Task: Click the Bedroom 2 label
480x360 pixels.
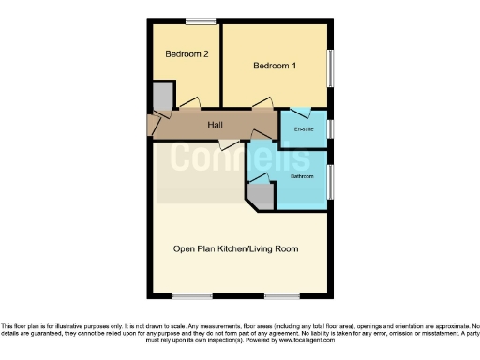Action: [x=186, y=54]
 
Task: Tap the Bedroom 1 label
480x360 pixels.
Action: [x=274, y=66]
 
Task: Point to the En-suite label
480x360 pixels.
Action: [x=304, y=128]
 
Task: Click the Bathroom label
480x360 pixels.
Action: [x=301, y=175]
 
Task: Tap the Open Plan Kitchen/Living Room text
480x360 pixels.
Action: [x=235, y=248]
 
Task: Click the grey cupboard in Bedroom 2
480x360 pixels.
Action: [x=162, y=96]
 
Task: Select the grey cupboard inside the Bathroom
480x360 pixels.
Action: [x=261, y=195]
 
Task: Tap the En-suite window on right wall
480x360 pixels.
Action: [x=330, y=128]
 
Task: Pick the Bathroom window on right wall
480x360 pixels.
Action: [x=330, y=181]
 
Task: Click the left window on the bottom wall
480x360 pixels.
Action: [x=189, y=296]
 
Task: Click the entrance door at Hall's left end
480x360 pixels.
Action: [x=154, y=124]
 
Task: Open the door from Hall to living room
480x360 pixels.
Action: [x=227, y=142]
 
